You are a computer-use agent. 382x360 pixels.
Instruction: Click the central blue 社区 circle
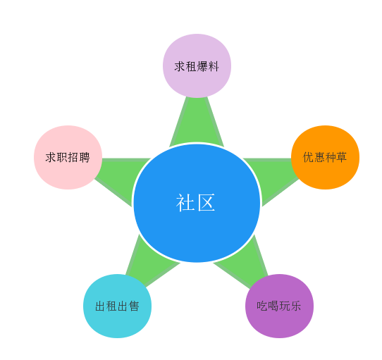197,203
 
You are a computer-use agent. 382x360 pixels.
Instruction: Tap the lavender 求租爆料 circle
197,66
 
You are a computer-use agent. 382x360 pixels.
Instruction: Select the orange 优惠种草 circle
325,157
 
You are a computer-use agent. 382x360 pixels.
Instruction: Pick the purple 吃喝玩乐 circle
279,306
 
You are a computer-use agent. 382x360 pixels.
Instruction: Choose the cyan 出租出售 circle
117,306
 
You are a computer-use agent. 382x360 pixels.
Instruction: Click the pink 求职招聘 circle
68,157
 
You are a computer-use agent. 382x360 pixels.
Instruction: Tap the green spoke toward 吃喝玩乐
246,263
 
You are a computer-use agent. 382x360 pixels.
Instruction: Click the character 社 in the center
185,203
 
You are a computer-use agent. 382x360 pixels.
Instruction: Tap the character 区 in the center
206,203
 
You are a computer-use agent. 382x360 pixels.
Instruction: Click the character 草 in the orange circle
341,157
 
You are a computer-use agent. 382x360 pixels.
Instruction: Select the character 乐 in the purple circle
296,306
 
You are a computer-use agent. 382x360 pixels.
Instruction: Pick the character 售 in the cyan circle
134,306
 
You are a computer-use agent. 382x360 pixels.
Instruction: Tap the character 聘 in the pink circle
85,158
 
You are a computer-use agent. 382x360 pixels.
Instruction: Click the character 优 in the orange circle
309,157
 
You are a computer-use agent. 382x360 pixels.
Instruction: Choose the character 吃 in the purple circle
262,306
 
